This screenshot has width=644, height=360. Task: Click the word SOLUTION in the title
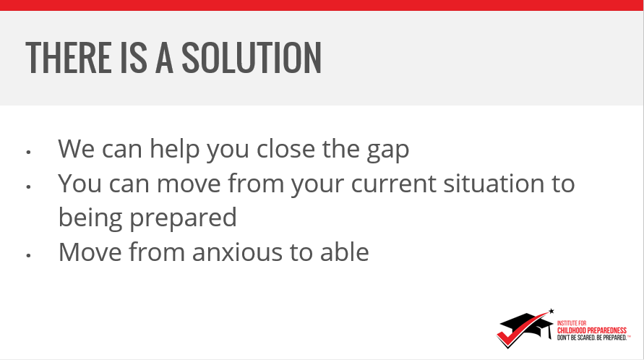coord(252,58)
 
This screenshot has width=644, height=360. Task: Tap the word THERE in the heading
coord(68,58)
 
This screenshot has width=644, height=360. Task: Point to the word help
coord(175,148)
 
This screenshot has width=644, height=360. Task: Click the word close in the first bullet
coord(285,148)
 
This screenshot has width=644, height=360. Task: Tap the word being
coord(90,218)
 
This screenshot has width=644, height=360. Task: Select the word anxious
coord(237,252)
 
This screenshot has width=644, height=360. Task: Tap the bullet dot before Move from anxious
coord(28,256)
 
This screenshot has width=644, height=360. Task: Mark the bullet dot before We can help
coord(28,152)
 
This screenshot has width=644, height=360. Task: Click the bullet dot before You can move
coord(28,187)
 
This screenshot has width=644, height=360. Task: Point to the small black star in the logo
coord(551,311)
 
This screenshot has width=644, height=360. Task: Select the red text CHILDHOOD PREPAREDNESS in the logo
coord(592,330)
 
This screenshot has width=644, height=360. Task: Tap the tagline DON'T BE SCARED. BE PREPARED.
coord(592,338)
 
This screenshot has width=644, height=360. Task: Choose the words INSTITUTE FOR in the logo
coord(572,323)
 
